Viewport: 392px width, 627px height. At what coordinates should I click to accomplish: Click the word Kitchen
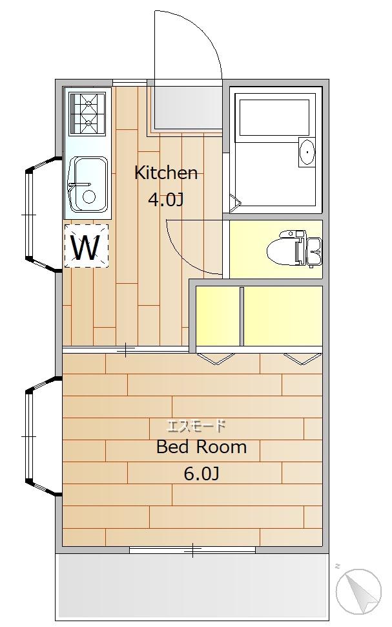pyautogui.click(x=166, y=173)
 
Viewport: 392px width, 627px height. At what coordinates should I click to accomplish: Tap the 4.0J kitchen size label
pyautogui.click(x=165, y=199)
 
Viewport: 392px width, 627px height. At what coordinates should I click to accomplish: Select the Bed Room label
pyautogui.click(x=201, y=447)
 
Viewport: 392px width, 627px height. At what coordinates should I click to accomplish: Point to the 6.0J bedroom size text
pyautogui.click(x=201, y=474)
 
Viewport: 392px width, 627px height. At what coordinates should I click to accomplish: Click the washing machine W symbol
pyautogui.click(x=87, y=246)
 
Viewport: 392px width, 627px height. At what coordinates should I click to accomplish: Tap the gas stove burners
pyautogui.click(x=88, y=114)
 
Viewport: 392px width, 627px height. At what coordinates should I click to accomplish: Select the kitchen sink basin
pyautogui.click(x=88, y=184)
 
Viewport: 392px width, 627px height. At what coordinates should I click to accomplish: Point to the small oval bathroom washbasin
pyautogui.click(x=307, y=152)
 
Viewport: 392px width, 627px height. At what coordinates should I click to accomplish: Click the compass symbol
pyautogui.click(x=358, y=591)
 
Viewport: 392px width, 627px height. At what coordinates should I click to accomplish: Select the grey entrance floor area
pyautogui.click(x=188, y=107)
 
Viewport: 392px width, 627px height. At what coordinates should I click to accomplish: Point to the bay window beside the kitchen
pyautogui.click(x=40, y=215)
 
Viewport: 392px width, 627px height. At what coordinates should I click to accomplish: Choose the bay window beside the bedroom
pyautogui.click(x=40, y=436)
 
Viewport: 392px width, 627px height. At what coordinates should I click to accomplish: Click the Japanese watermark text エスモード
pyautogui.click(x=196, y=426)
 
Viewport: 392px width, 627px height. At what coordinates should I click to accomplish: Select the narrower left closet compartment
pyautogui.click(x=218, y=316)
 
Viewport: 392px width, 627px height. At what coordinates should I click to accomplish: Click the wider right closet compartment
pyautogui.click(x=283, y=316)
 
